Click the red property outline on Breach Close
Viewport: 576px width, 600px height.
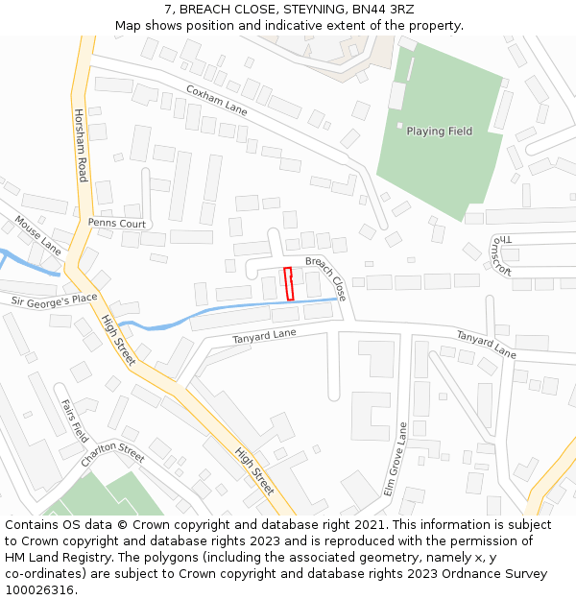(x=289, y=283)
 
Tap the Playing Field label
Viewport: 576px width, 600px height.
(x=439, y=132)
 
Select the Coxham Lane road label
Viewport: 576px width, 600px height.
(x=216, y=101)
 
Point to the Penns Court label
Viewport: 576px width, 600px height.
(x=116, y=223)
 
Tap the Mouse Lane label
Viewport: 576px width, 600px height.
(x=37, y=235)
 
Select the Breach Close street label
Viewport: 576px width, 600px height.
(x=325, y=276)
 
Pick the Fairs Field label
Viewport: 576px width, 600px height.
(x=74, y=420)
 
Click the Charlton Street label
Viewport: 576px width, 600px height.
(x=112, y=454)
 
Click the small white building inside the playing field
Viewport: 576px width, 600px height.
(x=400, y=125)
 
